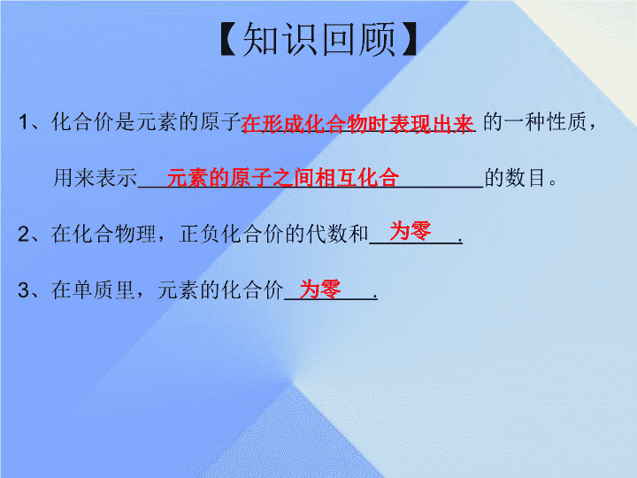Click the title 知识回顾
tap(318, 39)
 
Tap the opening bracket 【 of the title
tap(228, 39)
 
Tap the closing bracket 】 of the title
tap(409, 39)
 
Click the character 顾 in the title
tap(377, 39)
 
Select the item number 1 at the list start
tap(24, 122)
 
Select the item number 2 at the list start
tap(24, 234)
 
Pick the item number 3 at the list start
tap(24, 290)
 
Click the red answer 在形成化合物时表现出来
tap(357, 124)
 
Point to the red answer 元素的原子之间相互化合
tap(283, 178)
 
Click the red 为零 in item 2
tap(411, 231)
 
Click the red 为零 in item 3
tap(320, 289)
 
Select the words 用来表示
tap(96, 178)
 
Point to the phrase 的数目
tap(515, 178)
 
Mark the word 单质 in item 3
tap(94, 290)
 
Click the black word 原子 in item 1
tap(221, 122)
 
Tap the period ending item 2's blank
tap(459, 241)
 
